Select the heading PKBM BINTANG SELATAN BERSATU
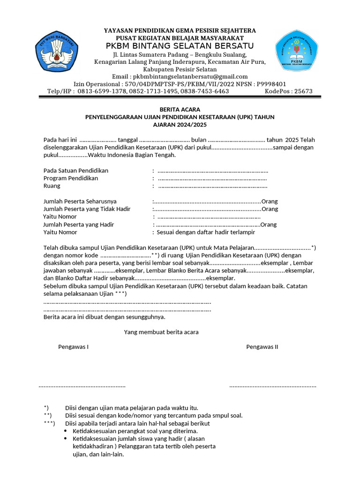[x=180, y=45]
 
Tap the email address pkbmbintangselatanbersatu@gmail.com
[x=190, y=76]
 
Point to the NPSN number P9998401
[x=271, y=84]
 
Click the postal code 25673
[x=302, y=91]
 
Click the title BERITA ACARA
[x=180, y=109]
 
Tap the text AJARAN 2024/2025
[x=180, y=125]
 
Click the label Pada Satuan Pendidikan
[x=76, y=170]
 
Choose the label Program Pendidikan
[x=71, y=178]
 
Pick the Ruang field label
[x=52, y=186]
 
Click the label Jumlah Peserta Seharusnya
[x=80, y=201]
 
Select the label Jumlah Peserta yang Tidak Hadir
[x=87, y=209]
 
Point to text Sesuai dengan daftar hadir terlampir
[x=206, y=232]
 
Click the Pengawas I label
[x=73, y=347]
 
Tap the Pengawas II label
[x=262, y=347]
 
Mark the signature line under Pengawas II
[x=273, y=386]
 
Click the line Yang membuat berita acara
[x=161, y=332]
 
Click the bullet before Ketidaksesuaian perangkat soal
[x=65, y=431]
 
